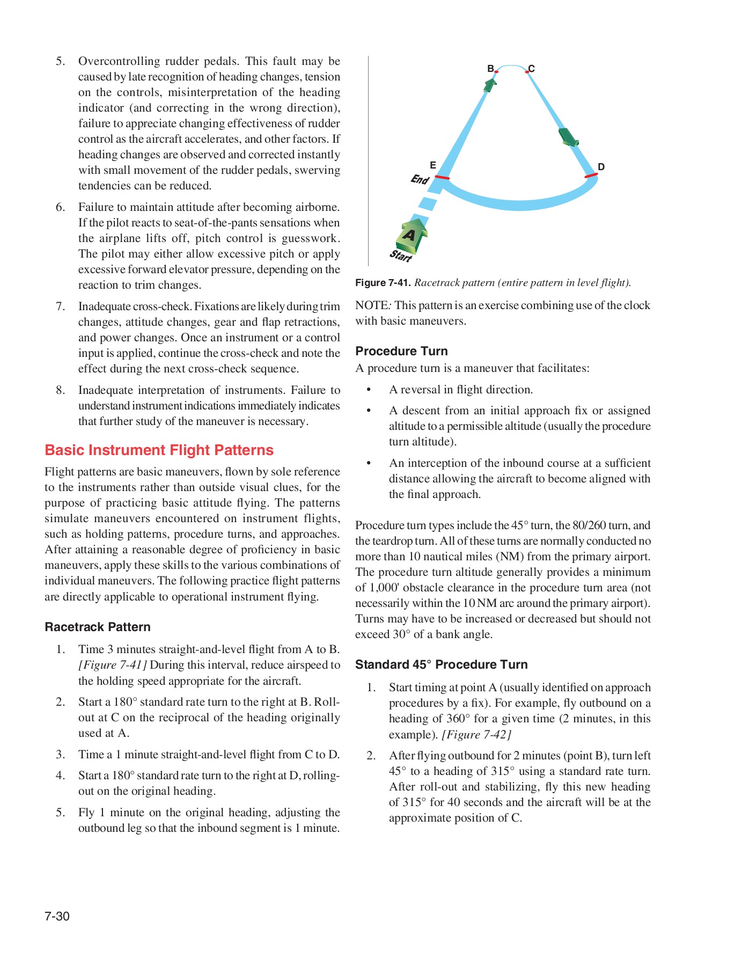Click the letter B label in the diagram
tap(490, 69)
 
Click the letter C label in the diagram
tap(532, 69)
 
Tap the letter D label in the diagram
tap(601, 167)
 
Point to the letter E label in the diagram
tap(432, 165)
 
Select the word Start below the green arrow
tap(401, 255)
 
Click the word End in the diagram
tap(420, 179)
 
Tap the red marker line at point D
tap(591, 175)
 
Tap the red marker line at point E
tap(442, 177)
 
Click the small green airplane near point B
tap(490, 84)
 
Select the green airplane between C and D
tap(568, 137)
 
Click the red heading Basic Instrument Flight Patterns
tap(159, 450)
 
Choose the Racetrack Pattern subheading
tap(98, 627)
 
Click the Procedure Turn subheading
tap(401, 351)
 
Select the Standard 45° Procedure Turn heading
tap(441, 664)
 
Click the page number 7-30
tap(57, 916)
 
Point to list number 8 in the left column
tap(60, 390)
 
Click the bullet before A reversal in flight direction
tap(369, 390)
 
